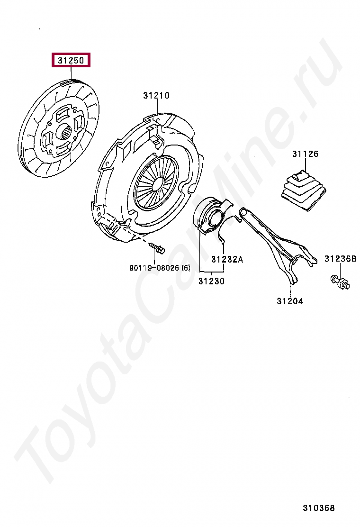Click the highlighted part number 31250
(71, 61)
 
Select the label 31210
(156, 96)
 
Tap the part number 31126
(305, 154)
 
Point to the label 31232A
(227, 259)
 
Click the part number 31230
(211, 281)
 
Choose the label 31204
(290, 301)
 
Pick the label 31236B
(340, 259)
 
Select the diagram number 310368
(319, 508)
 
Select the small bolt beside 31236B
(339, 282)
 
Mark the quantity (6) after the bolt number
(185, 268)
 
